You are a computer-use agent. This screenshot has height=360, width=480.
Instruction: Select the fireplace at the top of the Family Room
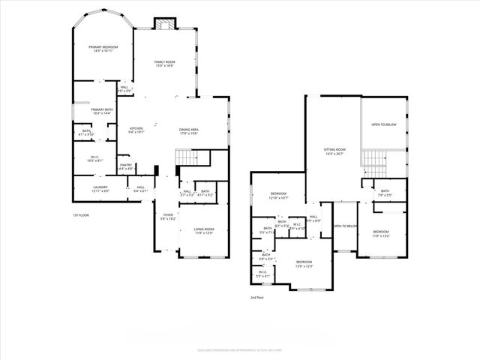tap(163, 25)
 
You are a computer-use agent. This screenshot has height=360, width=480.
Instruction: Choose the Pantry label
tap(126, 166)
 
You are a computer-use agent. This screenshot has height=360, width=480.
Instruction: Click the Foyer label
tap(169, 217)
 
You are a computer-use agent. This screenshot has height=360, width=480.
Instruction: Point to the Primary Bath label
tap(102, 111)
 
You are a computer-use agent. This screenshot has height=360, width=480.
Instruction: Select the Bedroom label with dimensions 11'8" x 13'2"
tap(382, 233)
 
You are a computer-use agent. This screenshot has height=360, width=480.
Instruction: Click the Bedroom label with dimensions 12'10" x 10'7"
tap(279, 196)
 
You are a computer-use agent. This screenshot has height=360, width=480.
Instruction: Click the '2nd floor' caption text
tap(258, 297)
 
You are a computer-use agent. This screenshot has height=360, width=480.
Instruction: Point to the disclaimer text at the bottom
tap(240, 349)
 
